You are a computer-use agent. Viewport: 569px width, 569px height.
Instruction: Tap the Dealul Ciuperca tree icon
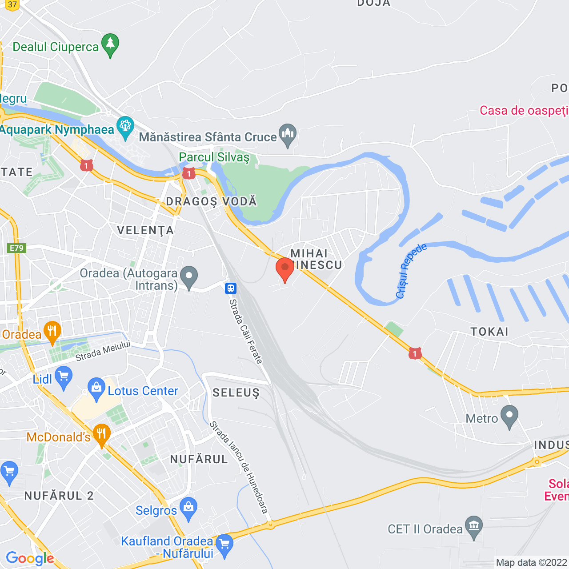pyautogui.click(x=110, y=45)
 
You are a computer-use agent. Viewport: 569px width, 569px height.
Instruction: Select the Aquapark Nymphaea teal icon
pyautogui.click(x=125, y=128)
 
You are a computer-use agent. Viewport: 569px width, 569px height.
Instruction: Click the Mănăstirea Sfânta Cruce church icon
pyautogui.click(x=288, y=135)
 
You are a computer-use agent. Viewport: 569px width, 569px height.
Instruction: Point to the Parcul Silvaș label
pyautogui.click(x=214, y=157)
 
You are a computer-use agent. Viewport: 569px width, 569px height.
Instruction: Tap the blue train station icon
pyautogui.click(x=230, y=289)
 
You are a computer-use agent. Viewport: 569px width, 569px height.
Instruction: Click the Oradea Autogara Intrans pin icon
pyautogui.click(x=189, y=278)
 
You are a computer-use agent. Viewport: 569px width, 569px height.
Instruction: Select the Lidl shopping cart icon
pyautogui.click(x=64, y=378)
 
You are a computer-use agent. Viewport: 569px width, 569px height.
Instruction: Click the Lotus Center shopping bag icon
pyautogui.click(x=96, y=389)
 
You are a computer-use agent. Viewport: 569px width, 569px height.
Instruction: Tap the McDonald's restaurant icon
pyautogui.click(x=101, y=436)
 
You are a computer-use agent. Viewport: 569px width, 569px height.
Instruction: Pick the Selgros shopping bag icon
pyautogui.click(x=189, y=509)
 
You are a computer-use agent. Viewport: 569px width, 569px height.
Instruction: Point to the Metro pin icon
pyautogui.click(x=509, y=417)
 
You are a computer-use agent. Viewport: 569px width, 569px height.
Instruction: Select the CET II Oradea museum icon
pyautogui.click(x=474, y=527)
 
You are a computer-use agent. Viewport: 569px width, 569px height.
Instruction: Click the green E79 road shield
pyautogui.click(x=17, y=248)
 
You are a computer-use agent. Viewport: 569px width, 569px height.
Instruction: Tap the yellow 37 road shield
pyautogui.click(x=12, y=5)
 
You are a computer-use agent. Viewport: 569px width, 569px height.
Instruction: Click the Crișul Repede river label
pyautogui.click(x=411, y=271)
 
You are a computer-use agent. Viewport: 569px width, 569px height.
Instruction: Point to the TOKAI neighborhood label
pyautogui.click(x=489, y=332)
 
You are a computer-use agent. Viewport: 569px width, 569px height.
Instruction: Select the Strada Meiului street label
pyautogui.click(x=103, y=351)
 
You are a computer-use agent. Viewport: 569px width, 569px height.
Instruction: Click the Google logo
pyautogui.click(x=30, y=558)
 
